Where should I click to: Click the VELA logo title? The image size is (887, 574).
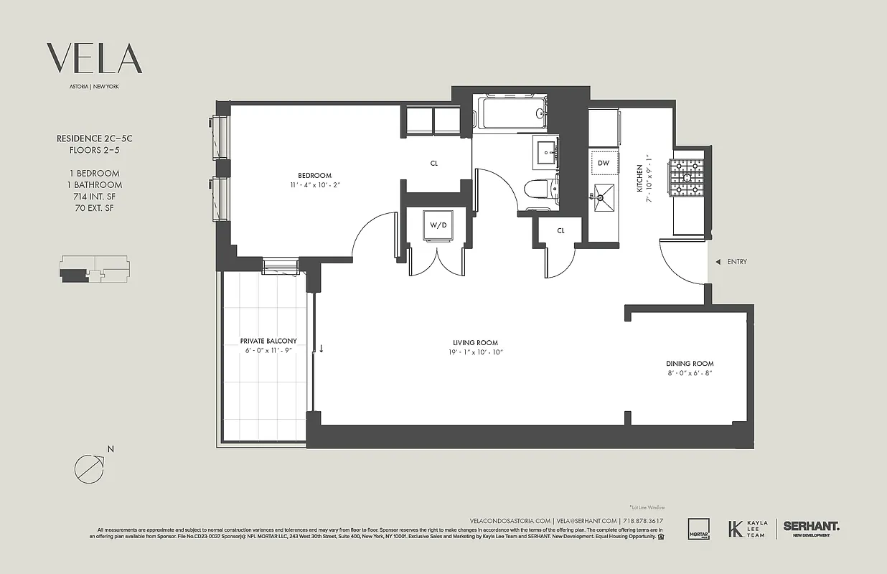click(x=94, y=59)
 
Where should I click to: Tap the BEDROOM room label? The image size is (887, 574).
click(x=315, y=176)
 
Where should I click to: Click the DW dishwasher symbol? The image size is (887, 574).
click(x=604, y=163)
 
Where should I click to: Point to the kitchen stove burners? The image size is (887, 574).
click(x=687, y=177)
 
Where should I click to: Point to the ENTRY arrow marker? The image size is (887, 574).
click(x=718, y=262)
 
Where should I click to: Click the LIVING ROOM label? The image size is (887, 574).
click(x=475, y=343)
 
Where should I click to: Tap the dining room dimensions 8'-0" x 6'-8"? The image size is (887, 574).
click(x=689, y=373)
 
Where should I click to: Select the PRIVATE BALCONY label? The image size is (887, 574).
click(x=268, y=341)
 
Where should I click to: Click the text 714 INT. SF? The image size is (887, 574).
click(x=94, y=197)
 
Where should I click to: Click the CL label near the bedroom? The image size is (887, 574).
click(x=434, y=164)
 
